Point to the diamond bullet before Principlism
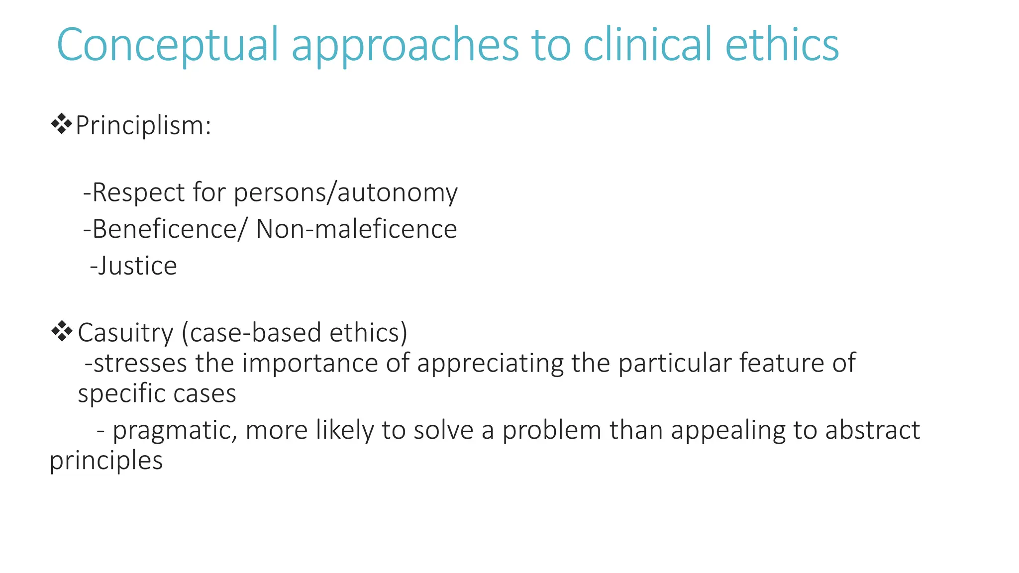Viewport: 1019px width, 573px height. pyautogui.click(x=61, y=124)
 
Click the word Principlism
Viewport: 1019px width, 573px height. pyautogui.click(x=143, y=125)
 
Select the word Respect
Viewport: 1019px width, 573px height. pyautogui.click(x=138, y=192)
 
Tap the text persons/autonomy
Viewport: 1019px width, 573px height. pyautogui.click(x=345, y=193)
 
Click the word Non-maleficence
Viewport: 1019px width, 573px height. pyautogui.click(x=356, y=229)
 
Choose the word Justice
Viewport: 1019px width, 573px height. pyautogui.click(x=137, y=266)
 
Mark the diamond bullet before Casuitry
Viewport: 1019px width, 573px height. pyautogui.click(x=61, y=331)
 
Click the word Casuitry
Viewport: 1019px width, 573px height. pyautogui.click(x=125, y=333)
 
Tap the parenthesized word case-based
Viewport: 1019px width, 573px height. pyautogui.click(x=254, y=332)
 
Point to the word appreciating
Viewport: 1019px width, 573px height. pyautogui.click(x=490, y=363)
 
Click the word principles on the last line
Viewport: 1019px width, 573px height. pyautogui.click(x=106, y=461)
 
